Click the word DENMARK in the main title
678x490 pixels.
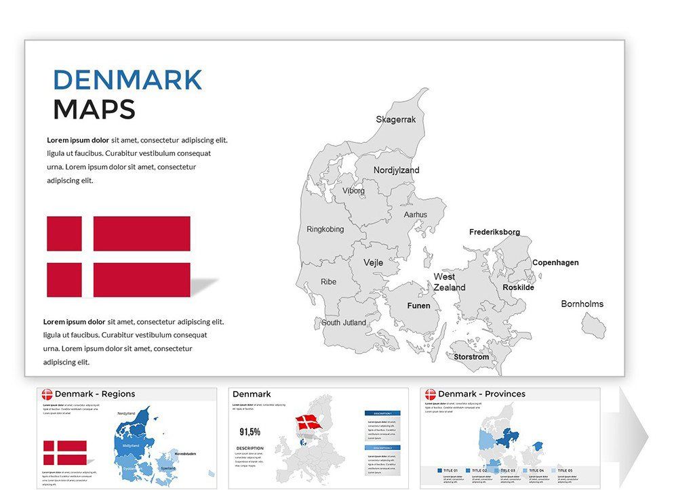pos(127,80)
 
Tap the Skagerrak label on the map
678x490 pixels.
pos(396,119)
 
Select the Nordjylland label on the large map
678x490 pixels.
pos(397,170)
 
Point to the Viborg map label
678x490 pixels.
pos(353,191)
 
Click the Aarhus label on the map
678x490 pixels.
pos(416,215)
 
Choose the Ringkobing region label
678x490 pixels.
pos(325,229)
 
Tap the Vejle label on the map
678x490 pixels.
pos(373,262)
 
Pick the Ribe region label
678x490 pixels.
pos(328,282)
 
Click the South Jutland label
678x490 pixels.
pos(344,323)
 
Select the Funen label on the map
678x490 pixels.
pos(418,306)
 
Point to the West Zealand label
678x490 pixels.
pos(450,282)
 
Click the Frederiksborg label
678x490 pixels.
pos(494,232)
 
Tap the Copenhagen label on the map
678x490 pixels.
pos(555,262)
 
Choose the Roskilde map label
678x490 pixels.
pos(518,287)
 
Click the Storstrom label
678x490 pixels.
pos(471,356)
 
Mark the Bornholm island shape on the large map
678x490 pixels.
pos(594,326)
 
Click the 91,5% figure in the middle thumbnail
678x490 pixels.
pos(250,432)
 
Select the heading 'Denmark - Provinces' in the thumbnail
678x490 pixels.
pos(481,394)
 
